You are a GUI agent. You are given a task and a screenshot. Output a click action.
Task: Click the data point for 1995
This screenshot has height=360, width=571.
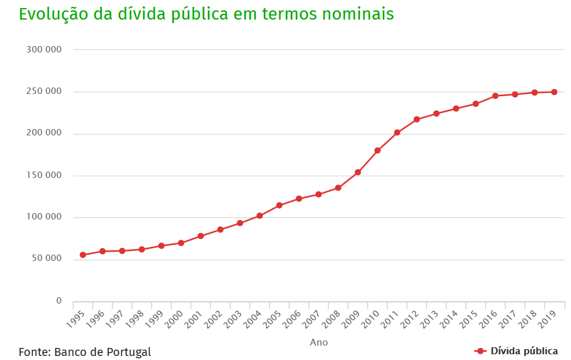point(83,255)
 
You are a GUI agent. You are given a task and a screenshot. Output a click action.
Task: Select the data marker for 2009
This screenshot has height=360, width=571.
point(358,172)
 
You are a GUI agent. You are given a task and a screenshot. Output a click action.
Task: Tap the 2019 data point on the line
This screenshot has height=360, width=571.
point(554,92)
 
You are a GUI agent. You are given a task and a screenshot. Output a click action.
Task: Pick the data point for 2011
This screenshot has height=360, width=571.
point(397,132)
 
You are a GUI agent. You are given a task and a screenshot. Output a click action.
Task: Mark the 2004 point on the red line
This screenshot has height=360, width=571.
point(260,216)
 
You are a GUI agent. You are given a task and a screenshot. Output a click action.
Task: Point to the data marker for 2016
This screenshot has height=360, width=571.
point(496,96)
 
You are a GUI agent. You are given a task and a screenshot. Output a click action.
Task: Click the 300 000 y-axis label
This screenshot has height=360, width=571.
point(44,50)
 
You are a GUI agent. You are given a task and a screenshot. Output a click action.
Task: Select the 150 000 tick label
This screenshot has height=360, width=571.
point(44,175)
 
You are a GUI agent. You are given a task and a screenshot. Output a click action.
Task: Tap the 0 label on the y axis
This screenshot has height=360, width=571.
point(59,301)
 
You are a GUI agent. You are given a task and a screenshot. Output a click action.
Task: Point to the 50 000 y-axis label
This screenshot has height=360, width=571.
point(47,258)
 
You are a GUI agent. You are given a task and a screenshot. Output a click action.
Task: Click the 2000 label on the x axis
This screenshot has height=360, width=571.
point(173,320)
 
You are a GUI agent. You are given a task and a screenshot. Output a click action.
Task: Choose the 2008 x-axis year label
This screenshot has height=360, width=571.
point(331,320)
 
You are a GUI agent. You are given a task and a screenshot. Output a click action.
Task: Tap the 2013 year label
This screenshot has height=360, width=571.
point(429,320)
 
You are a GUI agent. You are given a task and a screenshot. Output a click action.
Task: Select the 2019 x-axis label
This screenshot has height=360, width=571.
point(547,320)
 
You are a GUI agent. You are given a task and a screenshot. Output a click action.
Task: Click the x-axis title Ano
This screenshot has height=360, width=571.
point(319,342)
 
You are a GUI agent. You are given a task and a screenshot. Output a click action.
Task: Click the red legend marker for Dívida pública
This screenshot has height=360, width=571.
point(481,351)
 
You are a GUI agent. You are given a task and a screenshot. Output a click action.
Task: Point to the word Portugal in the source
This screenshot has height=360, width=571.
point(128,353)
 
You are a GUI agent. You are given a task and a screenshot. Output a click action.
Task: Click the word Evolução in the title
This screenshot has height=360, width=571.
point(54,14)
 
